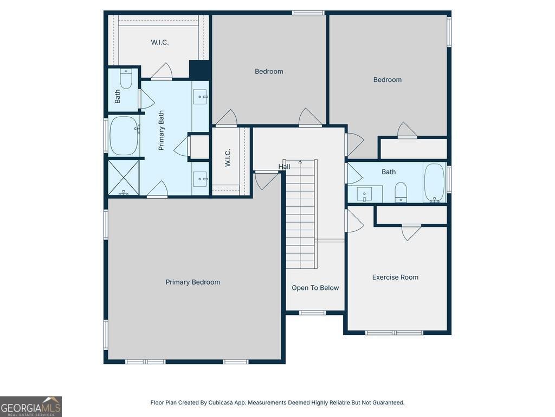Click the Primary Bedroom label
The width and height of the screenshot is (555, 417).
click(x=192, y=282)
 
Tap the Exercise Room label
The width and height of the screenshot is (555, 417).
click(x=395, y=277)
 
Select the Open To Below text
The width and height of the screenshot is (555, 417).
click(x=315, y=288)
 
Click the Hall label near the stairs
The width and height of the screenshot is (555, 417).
click(x=284, y=167)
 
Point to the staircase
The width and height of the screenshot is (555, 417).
click(x=301, y=214)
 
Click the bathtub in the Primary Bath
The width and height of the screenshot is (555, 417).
click(x=124, y=136)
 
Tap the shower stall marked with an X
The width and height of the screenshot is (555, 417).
click(x=124, y=177)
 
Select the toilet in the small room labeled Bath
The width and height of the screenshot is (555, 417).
click(x=126, y=80)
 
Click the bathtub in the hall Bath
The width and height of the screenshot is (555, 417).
click(x=434, y=183)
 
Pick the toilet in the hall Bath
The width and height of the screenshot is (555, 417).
click(x=401, y=192)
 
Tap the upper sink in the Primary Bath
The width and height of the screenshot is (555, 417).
click(x=201, y=97)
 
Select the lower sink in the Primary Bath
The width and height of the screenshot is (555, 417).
click(x=201, y=178)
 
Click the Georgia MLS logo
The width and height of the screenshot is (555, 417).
click(x=31, y=406)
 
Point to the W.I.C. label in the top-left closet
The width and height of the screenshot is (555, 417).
click(x=159, y=42)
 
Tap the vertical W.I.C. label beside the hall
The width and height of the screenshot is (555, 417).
click(x=228, y=158)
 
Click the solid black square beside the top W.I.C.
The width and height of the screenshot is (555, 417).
click(x=199, y=70)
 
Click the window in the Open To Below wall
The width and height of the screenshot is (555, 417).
click(x=313, y=313)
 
